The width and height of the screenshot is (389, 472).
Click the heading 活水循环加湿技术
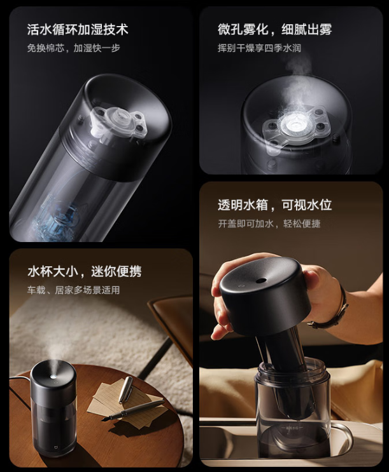point(78,29)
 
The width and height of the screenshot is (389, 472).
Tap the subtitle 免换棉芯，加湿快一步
point(74,48)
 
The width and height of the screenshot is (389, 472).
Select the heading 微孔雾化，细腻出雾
point(274,29)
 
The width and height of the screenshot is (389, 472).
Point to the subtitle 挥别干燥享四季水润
point(259,48)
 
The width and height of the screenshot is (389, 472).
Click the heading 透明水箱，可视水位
point(274,205)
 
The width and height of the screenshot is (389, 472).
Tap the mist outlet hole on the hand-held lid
point(262,280)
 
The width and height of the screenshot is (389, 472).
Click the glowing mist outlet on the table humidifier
point(53,366)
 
